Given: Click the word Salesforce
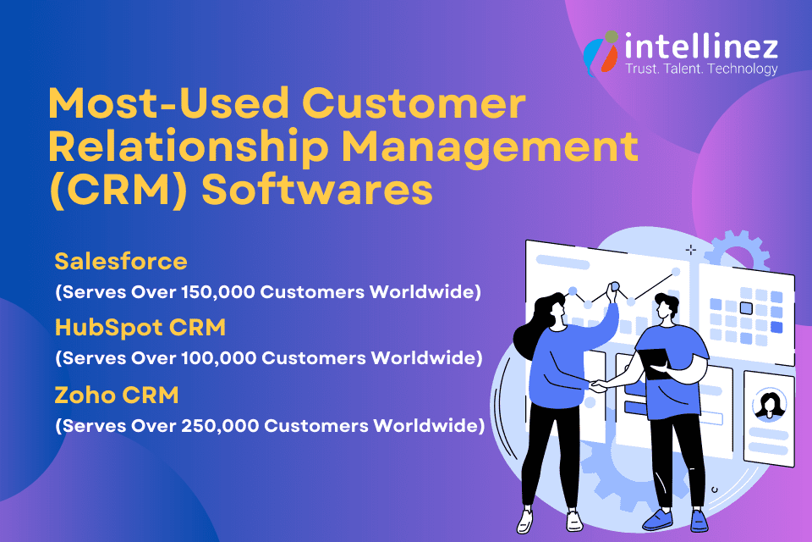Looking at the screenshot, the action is pos(121,261).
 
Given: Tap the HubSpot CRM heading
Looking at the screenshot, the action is pos(140,327).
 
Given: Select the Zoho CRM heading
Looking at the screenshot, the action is pos(117,395).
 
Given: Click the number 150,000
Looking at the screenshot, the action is pos(218,292).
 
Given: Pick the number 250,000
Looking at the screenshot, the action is pos(220,426).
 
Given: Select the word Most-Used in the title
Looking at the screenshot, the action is pos(168,102).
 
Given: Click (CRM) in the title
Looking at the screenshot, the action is pos(118,190).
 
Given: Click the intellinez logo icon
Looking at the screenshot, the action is pos(601,53).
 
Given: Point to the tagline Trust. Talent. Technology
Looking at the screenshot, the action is pos(701,69).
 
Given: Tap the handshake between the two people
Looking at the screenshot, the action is pos(599,386).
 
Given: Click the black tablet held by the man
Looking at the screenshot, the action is pos(655,364).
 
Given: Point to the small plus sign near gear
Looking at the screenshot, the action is pos(691,250).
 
